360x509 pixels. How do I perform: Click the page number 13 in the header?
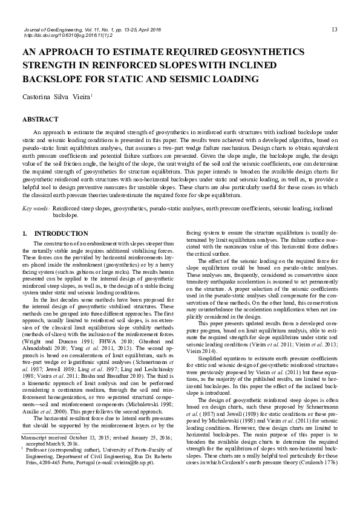(335, 30)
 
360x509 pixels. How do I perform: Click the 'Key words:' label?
(36, 208)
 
